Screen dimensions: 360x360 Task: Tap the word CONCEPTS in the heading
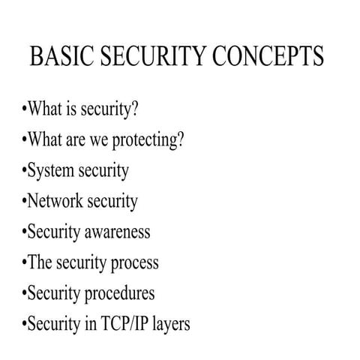click(x=268, y=58)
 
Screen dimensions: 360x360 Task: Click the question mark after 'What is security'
click(x=135, y=109)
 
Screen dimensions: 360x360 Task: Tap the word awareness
click(x=117, y=232)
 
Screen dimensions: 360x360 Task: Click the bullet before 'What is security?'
click(x=23, y=109)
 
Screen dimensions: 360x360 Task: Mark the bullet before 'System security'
click(x=23, y=171)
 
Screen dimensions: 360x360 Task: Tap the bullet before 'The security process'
click(x=23, y=262)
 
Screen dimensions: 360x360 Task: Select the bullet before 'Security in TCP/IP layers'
click(x=23, y=324)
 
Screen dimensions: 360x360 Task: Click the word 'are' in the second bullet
click(x=74, y=140)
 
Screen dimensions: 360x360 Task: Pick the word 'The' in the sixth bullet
click(x=39, y=262)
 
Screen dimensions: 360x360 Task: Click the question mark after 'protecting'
click(x=180, y=139)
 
